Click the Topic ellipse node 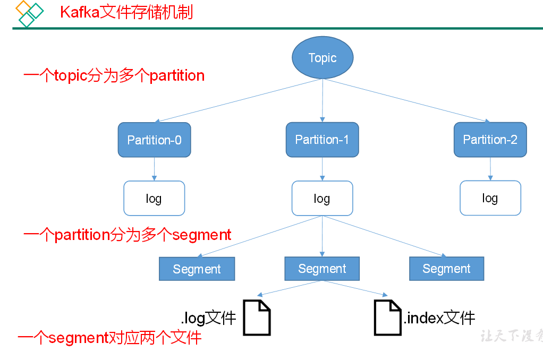coord(323,58)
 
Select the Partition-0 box coord(154,140)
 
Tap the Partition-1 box coord(322,140)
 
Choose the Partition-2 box coord(490,140)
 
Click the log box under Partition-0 coord(154,198)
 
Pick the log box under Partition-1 coord(322,198)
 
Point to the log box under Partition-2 coord(490,198)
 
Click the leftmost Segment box coord(197,269)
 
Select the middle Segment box coord(322,269)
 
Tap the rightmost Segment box coord(446,269)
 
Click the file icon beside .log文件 coord(257,318)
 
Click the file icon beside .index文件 coord(387,318)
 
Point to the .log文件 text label coord(208,318)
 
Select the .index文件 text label coord(439,318)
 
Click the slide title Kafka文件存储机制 coord(126,12)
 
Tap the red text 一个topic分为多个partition coord(114,75)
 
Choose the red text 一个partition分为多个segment coord(128,235)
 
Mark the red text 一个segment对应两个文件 coord(109,338)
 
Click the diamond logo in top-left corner coord(29,13)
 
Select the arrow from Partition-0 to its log coord(154,169)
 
